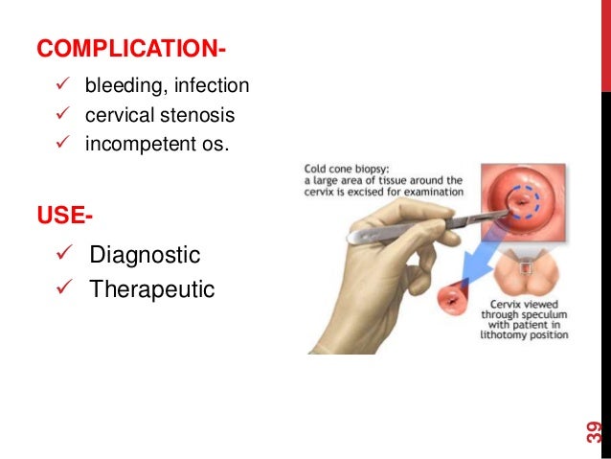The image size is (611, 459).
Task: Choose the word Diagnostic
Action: [x=145, y=255]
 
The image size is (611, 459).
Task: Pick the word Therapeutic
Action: [x=152, y=288]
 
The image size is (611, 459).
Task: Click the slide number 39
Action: [x=594, y=430]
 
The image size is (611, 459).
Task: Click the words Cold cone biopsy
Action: [x=342, y=167]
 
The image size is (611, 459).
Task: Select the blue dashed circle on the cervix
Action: [x=523, y=200]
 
